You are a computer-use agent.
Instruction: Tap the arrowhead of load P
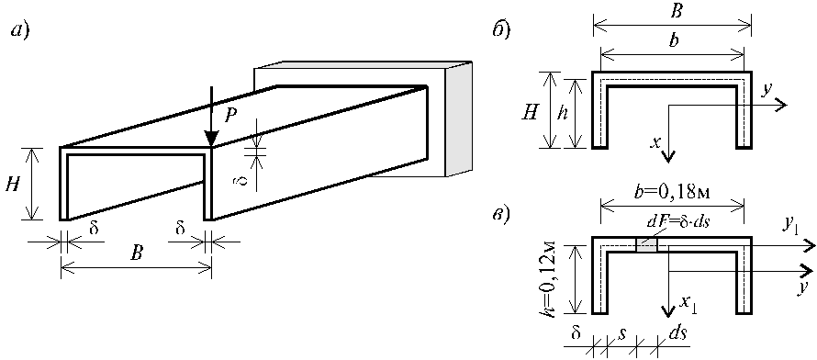click(x=211, y=139)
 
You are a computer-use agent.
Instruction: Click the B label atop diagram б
click(x=672, y=10)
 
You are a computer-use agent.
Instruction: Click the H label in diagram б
click(x=531, y=109)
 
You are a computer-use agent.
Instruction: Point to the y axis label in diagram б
click(x=766, y=91)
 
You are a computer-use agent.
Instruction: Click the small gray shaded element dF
click(x=646, y=246)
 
